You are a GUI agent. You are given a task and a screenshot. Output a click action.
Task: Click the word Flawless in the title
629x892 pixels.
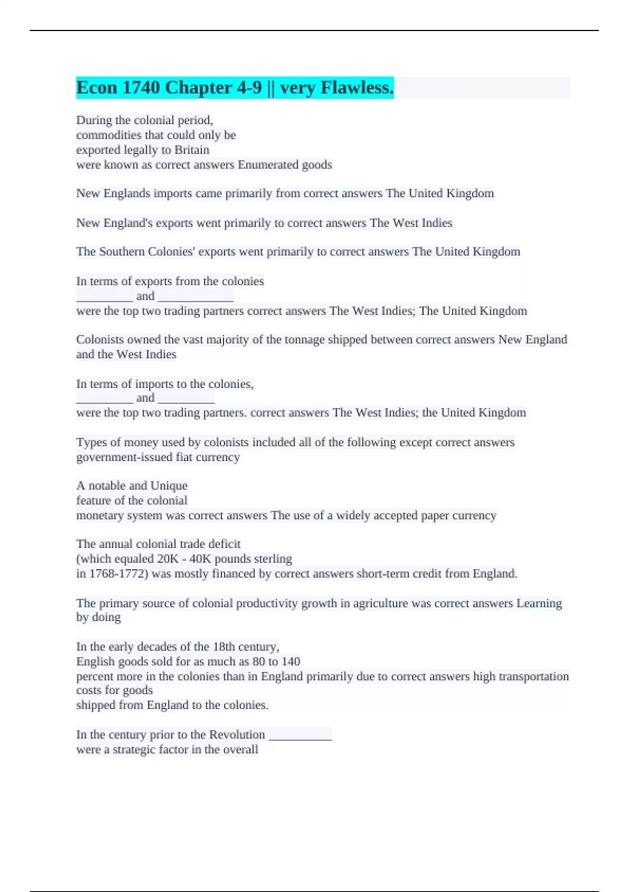[356, 88]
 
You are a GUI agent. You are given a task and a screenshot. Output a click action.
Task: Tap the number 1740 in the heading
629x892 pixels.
[141, 88]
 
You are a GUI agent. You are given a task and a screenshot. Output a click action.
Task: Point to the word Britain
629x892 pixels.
[192, 150]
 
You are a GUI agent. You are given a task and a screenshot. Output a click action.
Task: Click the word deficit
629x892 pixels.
[223, 544]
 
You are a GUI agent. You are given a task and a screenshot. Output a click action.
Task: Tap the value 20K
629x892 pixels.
[168, 559]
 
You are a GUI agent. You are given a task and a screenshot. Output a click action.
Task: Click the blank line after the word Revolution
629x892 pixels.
[300, 736]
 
